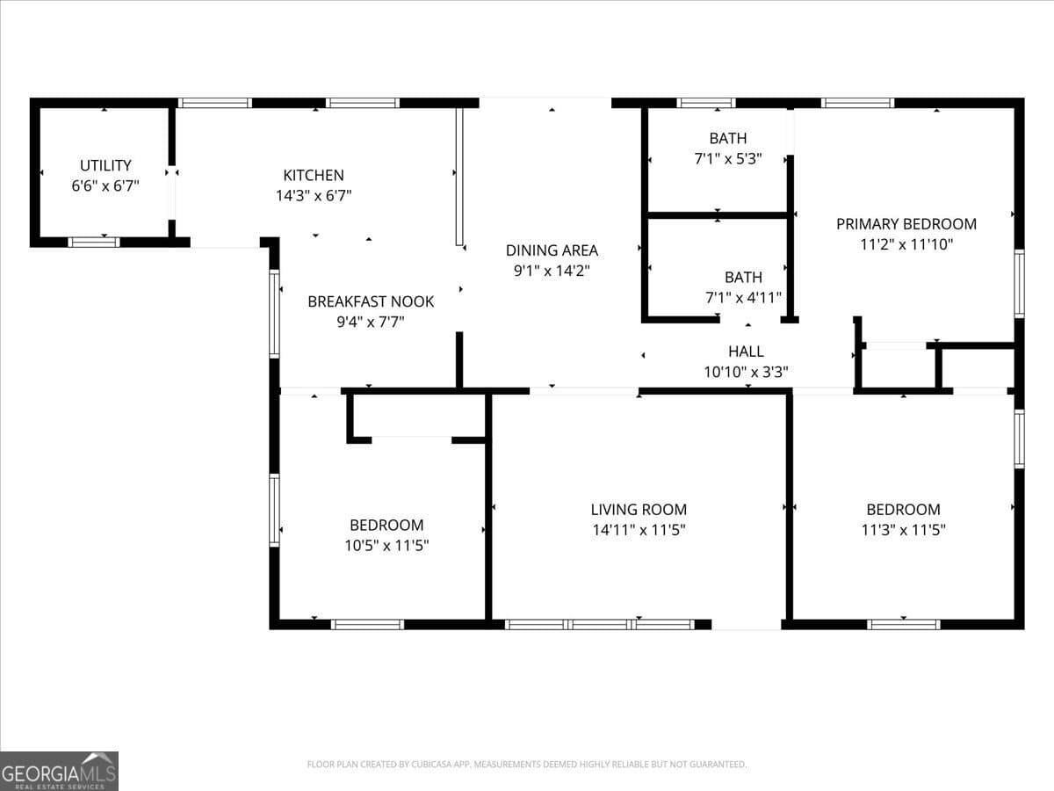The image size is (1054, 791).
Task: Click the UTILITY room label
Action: (105, 165)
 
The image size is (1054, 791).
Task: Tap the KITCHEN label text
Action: (314, 176)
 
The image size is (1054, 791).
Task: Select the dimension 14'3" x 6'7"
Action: (314, 196)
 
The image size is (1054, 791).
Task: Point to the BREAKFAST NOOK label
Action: (371, 301)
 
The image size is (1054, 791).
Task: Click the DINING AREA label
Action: (552, 250)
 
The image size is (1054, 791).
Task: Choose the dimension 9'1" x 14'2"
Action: (552, 272)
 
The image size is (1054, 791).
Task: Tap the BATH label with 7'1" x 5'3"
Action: (727, 138)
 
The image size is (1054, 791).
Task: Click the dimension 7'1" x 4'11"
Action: (743, 298)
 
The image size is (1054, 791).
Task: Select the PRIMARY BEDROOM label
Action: (906, 224)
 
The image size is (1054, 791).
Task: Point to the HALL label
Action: (746, 352)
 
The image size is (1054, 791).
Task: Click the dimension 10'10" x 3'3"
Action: (746, 372)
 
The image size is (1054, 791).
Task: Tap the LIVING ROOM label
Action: (639, 510)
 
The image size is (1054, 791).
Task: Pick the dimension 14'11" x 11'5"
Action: (639, 530)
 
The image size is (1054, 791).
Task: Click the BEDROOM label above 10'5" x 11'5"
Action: (386, 526)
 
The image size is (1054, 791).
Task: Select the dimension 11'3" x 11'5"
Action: (903, 530)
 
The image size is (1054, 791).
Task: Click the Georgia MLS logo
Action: (59, 771)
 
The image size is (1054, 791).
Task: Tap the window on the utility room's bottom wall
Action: (94, 242)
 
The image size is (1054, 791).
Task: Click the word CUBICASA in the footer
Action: (433, 765)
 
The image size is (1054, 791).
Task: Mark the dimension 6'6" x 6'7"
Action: (105, 185)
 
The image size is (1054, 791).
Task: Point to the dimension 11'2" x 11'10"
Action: (906, 244)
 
